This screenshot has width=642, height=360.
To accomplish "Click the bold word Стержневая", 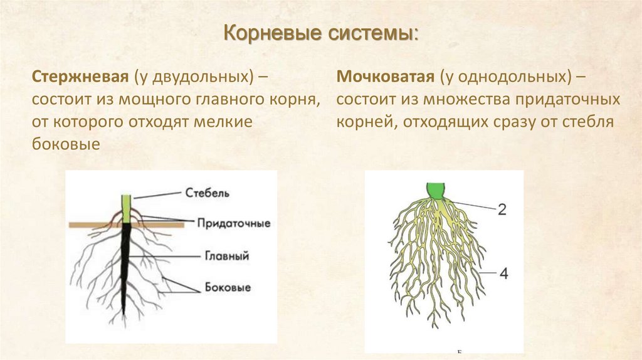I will [80, 77].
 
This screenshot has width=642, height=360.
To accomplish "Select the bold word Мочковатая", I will [385, 77].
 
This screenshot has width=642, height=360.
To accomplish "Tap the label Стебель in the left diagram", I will [208, 193].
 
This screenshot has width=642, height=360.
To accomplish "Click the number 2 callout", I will [502, 210].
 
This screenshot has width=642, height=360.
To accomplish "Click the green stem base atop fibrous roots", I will [436, 190].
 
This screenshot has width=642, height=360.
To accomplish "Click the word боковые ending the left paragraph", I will [66, 144].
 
